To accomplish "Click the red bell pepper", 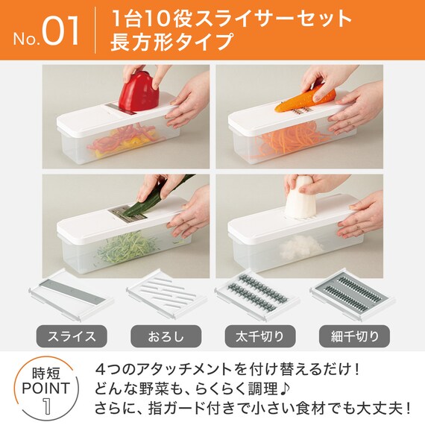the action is pyautogui.click(x=138, y=92).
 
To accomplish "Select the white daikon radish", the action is pyautogui.click(x=300, y=199).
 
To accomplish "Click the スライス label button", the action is pyautogui.click(x=72, y=336).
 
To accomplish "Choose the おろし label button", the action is pyautogui.click(x=166, y=336).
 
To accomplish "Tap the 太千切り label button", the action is pyautogui.click(x=260, y=336).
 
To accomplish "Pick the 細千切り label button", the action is pyautogui.click(x=354, y=336).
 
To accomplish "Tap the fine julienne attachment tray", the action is pyautogui.click(x=353, y=295).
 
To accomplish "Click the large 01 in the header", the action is pyautogui.click(x=60, y=31).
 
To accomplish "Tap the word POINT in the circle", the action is pyautogui.click(x=46, y=388).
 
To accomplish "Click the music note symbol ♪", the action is pyautogui.click(x=285, y=389).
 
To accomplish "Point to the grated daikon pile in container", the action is pyautogui.click(x=301, y=248).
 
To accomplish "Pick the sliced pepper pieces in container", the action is pyautogui.click(x=123, y=141).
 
